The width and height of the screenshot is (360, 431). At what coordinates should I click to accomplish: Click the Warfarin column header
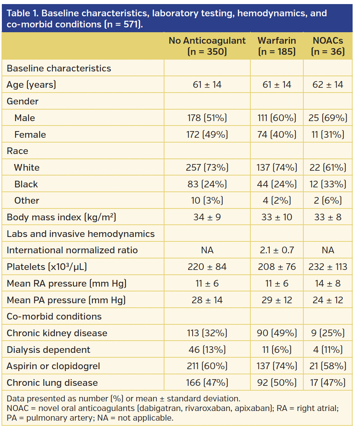pos(277,46)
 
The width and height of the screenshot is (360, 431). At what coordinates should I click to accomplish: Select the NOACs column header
pos(328,46)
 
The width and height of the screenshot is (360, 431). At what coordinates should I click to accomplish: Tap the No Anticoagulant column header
pos(207,46)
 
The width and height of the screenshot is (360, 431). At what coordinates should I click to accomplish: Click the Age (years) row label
pos(31,85)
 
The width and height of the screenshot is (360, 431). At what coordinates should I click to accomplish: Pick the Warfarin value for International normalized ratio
pos(277,250)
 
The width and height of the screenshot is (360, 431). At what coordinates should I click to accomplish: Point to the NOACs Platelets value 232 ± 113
pos(328,267)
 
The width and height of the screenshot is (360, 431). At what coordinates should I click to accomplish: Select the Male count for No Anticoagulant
pos(207,118)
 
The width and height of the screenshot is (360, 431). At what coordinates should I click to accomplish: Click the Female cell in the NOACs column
pos(328,134)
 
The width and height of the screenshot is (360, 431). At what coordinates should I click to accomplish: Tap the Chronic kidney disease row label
pos(57,333)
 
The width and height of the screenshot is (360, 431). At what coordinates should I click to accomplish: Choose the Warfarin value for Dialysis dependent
pos(277,350)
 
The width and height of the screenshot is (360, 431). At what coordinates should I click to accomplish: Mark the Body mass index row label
pos(61,217)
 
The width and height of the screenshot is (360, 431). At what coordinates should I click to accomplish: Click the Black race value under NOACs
pos(328,184)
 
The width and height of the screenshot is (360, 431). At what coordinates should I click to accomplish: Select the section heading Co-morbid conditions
pos(54,317)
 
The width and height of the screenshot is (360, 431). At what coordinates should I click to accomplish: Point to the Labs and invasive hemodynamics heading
pos(81,234)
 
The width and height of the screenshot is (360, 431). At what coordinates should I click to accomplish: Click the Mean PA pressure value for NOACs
pos(328,300)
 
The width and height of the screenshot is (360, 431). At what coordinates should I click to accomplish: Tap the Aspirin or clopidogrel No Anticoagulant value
pos(207,366)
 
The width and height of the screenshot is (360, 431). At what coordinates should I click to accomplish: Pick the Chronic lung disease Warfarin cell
pos(277,382)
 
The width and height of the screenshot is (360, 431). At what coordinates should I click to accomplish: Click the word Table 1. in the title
pos(23,14)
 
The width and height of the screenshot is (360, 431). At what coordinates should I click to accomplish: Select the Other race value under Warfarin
pos(277,201)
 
